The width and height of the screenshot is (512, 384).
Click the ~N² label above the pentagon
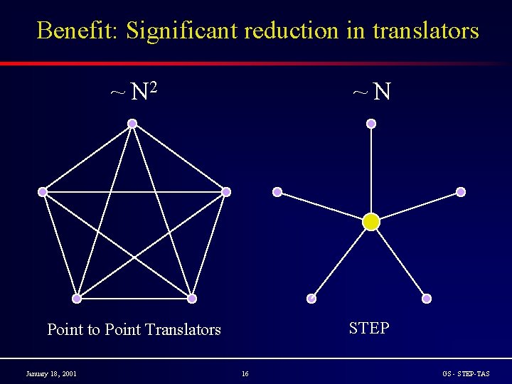click(133, 91)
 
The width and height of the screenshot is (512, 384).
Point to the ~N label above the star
click(372, 91)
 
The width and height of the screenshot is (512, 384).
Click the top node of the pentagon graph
click(132, 124)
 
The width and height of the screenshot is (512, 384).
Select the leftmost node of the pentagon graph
click(43, 192)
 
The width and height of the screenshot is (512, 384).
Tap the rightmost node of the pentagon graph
click(226, 192)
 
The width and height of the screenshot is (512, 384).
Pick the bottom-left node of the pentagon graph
click(77, 299)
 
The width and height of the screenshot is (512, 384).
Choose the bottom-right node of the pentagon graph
click(192, 299)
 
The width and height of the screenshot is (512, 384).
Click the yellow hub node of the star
click(371, 222)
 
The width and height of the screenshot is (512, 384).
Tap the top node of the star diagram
click(371, 124)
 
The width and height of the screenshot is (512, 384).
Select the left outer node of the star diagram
click(277, 192)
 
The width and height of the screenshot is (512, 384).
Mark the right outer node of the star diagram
click(461, 192)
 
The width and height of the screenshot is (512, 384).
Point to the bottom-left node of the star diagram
click(311, 299)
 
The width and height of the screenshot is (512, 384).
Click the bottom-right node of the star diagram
click(427, 299)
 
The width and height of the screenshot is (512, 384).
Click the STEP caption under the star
click(369, 328)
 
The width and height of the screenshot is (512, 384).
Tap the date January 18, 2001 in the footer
click(51, 373)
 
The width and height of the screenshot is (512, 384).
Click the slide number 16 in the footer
click(245, 373)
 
